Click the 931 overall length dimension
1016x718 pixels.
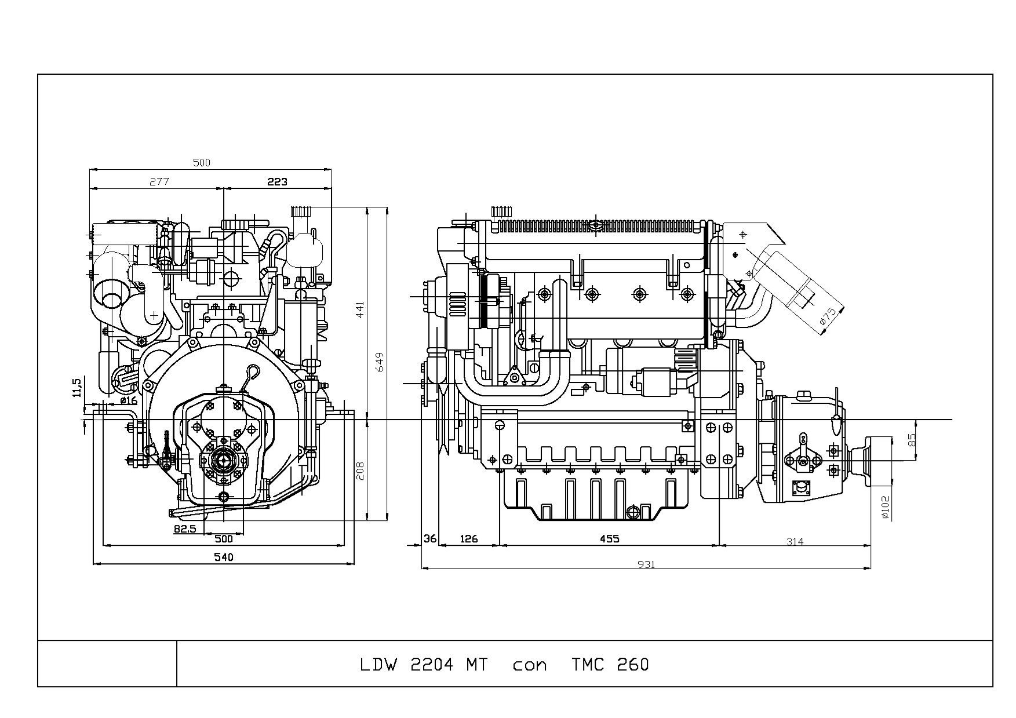click(x=646, y=564)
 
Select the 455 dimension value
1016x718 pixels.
click(x=609, y=539)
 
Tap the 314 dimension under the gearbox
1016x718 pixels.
click(x=795, y=541)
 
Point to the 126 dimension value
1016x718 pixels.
click(x=468, y=539)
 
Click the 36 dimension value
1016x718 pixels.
click(x=430, y=538)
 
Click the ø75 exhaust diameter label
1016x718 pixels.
click(x=828, y=316)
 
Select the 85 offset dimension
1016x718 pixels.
click(x=912, y=440)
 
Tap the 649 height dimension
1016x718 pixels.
click(x=380, y=363)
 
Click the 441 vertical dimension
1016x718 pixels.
click(x=360, y=310)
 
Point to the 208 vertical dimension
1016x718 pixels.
click(x=360, y=470)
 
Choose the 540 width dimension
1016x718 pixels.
click(x=223, y=557)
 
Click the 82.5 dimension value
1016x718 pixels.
click(x=185, y=529)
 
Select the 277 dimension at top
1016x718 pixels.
click(x=159, y=181)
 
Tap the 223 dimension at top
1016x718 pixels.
click(x=277, y=181)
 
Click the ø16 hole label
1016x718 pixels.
click(x=129, y=400)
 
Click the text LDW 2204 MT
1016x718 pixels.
click(x=424, y=664)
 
